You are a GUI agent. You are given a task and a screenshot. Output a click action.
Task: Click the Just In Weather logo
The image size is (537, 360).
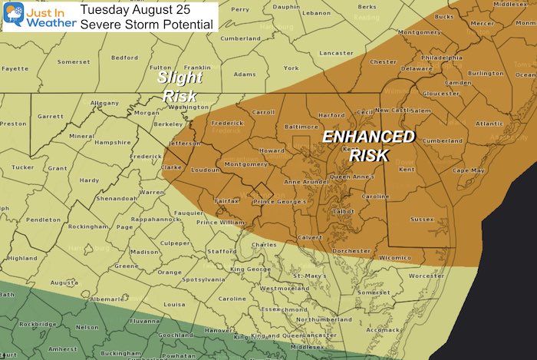(31, 16)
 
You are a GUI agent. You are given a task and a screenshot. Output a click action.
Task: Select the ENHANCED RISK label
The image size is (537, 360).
(367, 146)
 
